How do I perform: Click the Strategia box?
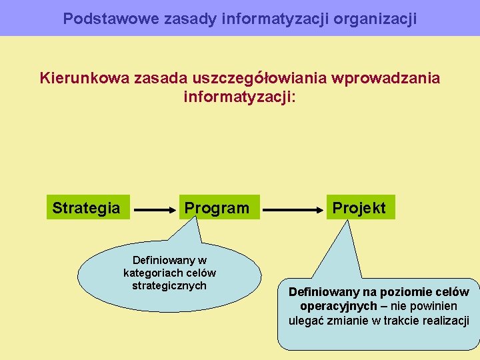[x=87, y=208]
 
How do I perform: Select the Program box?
[x=217, y=208]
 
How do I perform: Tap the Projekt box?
[x=359, y=208]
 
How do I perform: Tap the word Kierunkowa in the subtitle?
[x=85, y=78]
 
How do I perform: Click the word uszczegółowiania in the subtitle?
[x=259, y=78]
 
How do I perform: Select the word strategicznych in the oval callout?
[x=169, y=285]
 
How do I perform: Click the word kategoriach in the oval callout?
[x=151, y=273]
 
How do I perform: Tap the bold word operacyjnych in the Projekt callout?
[x=339, y=306]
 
